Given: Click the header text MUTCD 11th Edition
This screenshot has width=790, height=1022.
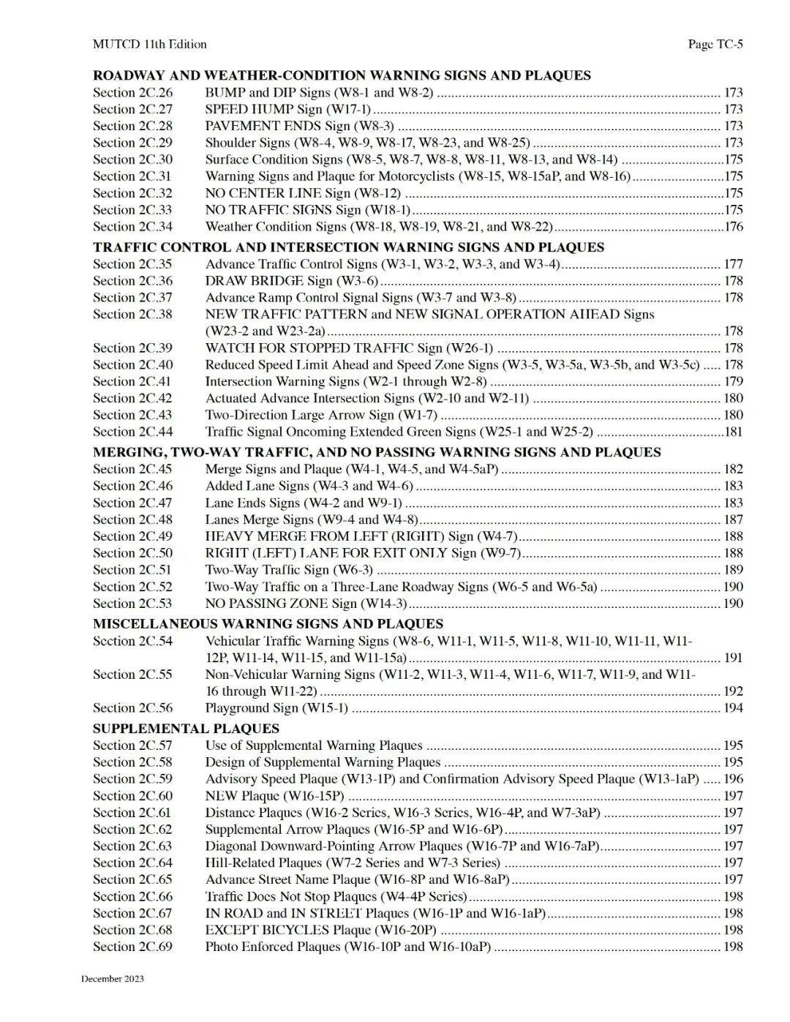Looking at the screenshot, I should pyautogui.click(x=149, y=44).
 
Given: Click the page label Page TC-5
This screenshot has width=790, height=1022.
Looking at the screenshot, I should pyautogui.click(x=715, y=44).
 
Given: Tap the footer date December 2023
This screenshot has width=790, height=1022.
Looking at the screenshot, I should pyautogui.click(x=112, y=978).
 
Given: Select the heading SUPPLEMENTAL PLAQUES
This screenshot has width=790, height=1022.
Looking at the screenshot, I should pyautogui.click(x=186, y=728).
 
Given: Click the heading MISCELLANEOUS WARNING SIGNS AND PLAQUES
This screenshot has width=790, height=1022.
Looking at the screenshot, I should pyautogui.click(x=268, y=623).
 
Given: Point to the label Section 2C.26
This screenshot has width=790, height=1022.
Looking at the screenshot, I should pyautogui.click(x=132, y=92).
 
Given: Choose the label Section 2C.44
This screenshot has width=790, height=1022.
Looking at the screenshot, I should pyautogui.click(x=132, y=432).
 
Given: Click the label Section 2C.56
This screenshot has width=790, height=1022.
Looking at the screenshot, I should pyautogui.click(x=132, y=707).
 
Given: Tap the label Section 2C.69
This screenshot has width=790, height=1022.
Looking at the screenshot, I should pyautogui.click(x=132, y=946).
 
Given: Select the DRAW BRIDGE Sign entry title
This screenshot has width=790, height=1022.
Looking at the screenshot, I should pyautogui.click(x=291, y=281).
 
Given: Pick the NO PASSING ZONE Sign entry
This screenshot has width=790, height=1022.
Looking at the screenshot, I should pyautogui.click(x=306, y=604).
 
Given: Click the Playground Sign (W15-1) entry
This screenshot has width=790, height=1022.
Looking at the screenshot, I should pyautogui.click(x=276, y=707).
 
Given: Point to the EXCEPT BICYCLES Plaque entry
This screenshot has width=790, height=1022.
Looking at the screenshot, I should pyautogui.click(x=320, y=930).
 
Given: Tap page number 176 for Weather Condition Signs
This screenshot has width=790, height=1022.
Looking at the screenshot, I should pyautogui.click(x=733, y=227).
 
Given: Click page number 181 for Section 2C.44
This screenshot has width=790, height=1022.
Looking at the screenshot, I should pyautogui.click(x=733, y=432).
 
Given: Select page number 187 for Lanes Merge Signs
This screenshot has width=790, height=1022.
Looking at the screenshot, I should pyautogui.click(x=733, y=519).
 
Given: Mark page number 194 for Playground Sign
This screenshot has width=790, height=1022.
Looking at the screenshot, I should pyautogui.click(x=733, y=707).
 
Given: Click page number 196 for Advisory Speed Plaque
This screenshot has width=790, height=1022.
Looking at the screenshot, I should pyautogui.click(x=733, y=779).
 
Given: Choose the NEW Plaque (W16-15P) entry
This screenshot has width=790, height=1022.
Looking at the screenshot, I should pyautogui.click(x=274, y=796).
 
